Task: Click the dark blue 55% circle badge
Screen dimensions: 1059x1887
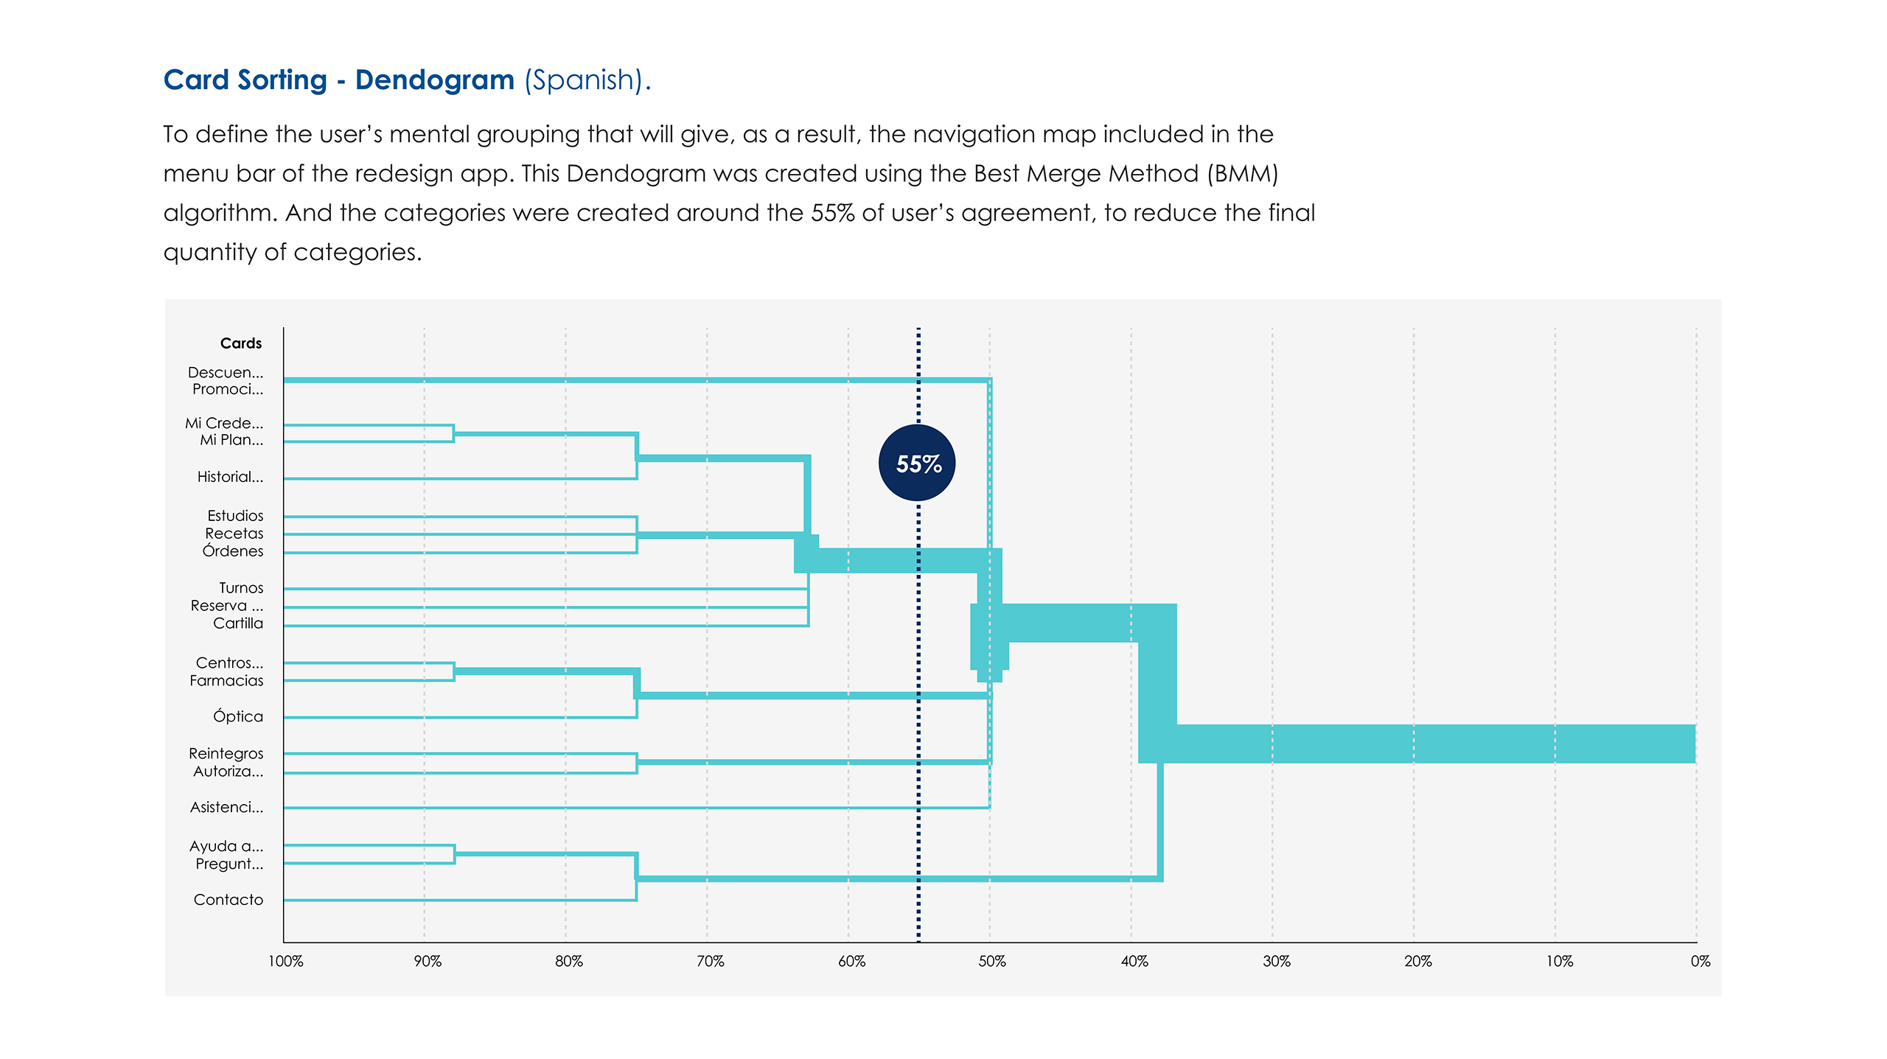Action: point(917,463)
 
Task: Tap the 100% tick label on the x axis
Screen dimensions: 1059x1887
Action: point(285,961)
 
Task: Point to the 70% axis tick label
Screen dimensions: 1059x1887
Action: point(710,961)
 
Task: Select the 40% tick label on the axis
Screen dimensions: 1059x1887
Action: point(1134,961)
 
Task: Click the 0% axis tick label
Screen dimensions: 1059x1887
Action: point(1700,961)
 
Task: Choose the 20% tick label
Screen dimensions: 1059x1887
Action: point(1417,961)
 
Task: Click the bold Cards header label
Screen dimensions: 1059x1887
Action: point(240,343)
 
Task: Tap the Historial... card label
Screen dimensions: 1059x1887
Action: point(230,477)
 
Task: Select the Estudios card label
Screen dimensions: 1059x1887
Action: point(235,516)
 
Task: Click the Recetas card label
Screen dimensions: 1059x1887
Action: point(234,534)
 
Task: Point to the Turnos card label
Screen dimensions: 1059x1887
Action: point(241,588)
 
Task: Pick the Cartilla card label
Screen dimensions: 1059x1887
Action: point(237,623)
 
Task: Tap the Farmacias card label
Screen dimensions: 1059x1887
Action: point(226,681)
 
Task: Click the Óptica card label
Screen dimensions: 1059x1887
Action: point(237,716)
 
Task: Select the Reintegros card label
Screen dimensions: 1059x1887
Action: point(226,753)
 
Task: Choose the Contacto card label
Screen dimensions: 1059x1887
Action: point(228,900)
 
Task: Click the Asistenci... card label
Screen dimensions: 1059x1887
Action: point(226,807)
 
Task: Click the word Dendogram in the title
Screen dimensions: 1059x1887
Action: point(434,80)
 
